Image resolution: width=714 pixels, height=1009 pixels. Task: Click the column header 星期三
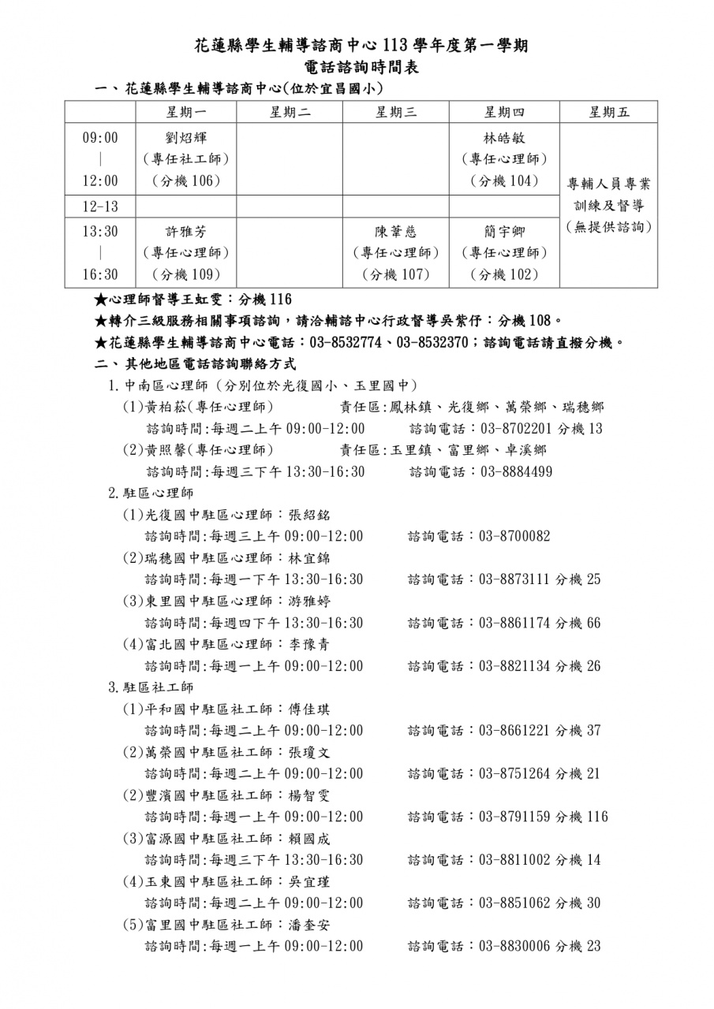pos(396,112)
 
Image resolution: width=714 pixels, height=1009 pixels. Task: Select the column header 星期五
pos(608,112)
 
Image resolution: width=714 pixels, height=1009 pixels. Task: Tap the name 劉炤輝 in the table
pos(185,138)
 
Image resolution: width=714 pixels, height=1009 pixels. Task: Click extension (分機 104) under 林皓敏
pos(504,181)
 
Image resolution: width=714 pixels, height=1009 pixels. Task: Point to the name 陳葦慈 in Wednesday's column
pos(395,232)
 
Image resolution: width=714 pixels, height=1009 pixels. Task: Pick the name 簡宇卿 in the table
pos(504,232)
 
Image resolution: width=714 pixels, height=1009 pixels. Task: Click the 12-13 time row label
pos(100,207)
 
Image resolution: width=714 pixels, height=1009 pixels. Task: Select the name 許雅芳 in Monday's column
pos(185,232)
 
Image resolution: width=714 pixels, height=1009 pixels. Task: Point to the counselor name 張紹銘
pos(310,516)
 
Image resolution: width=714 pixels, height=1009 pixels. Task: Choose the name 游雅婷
pos(310,601)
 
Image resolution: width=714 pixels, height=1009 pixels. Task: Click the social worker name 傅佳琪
pos(310,709)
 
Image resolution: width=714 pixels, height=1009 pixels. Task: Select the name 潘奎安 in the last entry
pos(310,925)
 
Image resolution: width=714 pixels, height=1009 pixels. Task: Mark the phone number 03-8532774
pos(346,343)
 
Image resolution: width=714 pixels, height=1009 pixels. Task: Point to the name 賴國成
pos(310,839)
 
